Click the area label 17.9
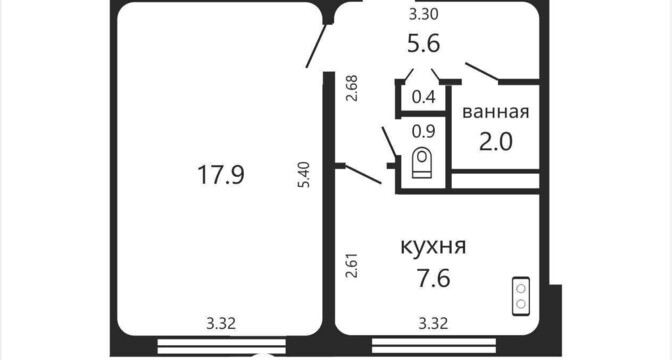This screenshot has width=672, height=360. [x=221, y=175]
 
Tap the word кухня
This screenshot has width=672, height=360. [x=433, y=246]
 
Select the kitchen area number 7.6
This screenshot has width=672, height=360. [x=433, y=278]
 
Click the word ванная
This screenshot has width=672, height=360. [x=496, y=112]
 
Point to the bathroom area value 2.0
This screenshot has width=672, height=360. [x=495, y=142]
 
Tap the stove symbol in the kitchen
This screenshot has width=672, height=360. [x=521, y=296]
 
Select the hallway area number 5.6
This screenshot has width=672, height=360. [x=423, y=44]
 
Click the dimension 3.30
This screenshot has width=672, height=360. [x=423, y=15]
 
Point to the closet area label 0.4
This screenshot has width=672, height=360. [x=423, y=97]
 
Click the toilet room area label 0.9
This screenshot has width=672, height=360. [x=423, y=131]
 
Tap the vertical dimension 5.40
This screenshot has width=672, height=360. [x=304, y=174]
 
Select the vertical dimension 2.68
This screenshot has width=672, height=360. [x=352, y=88]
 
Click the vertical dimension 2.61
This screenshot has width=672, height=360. [x=352, y=265]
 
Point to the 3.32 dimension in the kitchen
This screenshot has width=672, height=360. [x=433, y=323]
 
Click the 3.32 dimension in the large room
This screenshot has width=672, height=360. [x=221, y=323]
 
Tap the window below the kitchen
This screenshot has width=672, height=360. [x=434, y=345]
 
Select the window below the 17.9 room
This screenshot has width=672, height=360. [x=222, y=346]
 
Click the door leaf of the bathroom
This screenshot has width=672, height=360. [x=482, y=71]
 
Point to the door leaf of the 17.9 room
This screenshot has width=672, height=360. [x=317, y=45]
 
